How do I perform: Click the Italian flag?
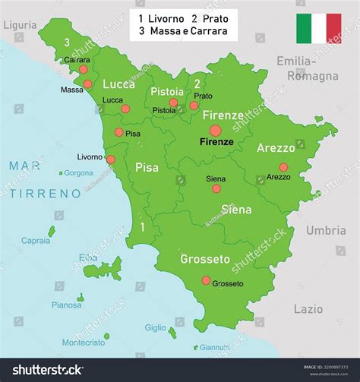coord(318,27)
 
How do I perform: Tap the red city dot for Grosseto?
coord(206,280)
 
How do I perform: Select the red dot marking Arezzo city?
coord(283,167)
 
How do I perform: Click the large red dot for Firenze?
coord(216,131)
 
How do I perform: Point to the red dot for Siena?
coord(216,188)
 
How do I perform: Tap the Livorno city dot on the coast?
coord(111,159)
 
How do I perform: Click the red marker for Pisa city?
coord(119,132)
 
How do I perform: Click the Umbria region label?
coord(326,230)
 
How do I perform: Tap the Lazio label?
coord(308,309)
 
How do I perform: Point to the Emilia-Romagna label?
coord(307,68)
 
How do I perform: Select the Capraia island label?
coord(36,240)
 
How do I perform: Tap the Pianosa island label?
coord(66,305)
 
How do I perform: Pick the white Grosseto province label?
coord(204,259)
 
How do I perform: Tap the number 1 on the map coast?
coord(142,226)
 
